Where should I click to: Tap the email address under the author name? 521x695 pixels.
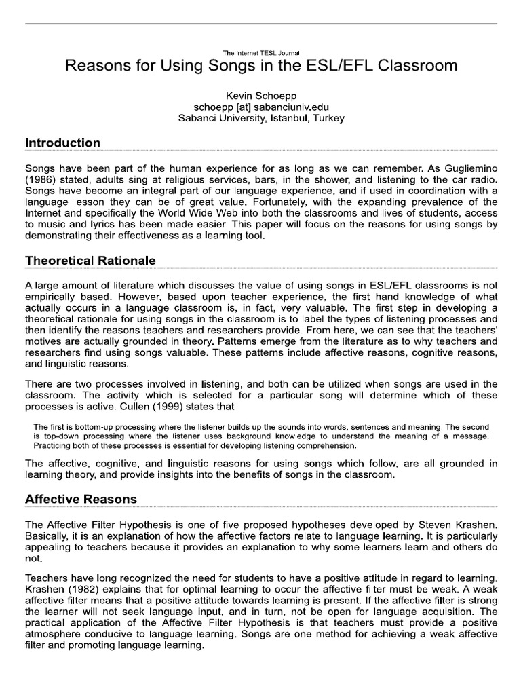tap(261, 106)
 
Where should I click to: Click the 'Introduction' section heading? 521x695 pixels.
tap(62, 143)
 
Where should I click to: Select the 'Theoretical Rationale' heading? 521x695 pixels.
tap(90, 261)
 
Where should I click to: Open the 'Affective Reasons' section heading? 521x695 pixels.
tap(81, 499)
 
